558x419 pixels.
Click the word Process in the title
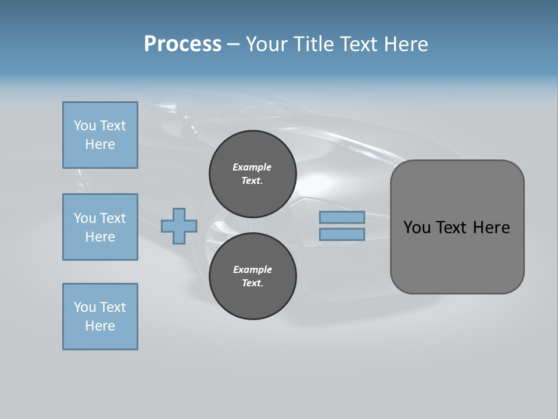click(x=183, y=44)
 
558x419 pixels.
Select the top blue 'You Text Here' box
click(x=100, y=135)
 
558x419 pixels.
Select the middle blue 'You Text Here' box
click(x=100, y=227)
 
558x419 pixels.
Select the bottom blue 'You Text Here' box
click(x=100, y=317)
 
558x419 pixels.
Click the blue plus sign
click(x=178, y=226)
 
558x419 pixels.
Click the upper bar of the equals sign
click(x=342, y=217)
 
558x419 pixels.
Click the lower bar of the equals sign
click(x=342, y=234)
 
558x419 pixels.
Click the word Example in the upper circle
click(x=252, y=167)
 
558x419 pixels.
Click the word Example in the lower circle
click(x=252, y=269)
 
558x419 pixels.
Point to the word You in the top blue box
click(x=84, y=126)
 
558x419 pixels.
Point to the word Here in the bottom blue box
click(x=100, y=326)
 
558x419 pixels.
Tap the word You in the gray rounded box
click(x=417, y=228)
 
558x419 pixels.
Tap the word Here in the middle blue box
click(x=100, y=237)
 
